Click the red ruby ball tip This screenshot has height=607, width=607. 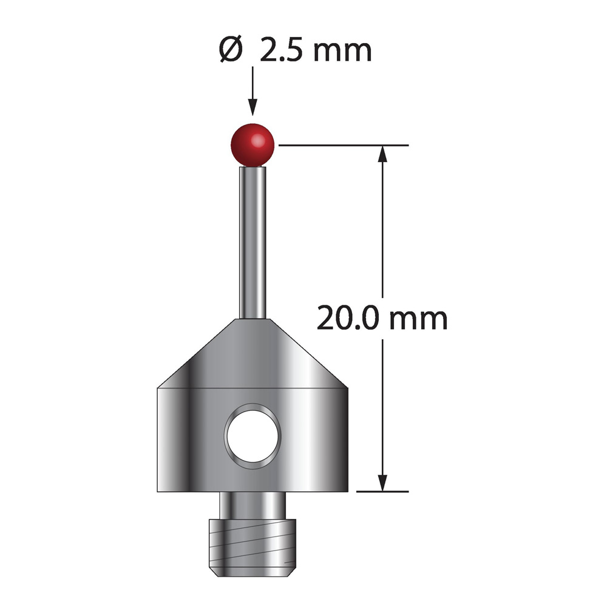[x=253, y=145]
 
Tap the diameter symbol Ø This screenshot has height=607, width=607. [x=231, y=50]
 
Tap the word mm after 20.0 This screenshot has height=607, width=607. [x=418, y=321]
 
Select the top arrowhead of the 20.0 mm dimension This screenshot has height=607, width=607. [x=382, y=154]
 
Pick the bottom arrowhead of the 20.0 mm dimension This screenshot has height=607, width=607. [x=382, y=483]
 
